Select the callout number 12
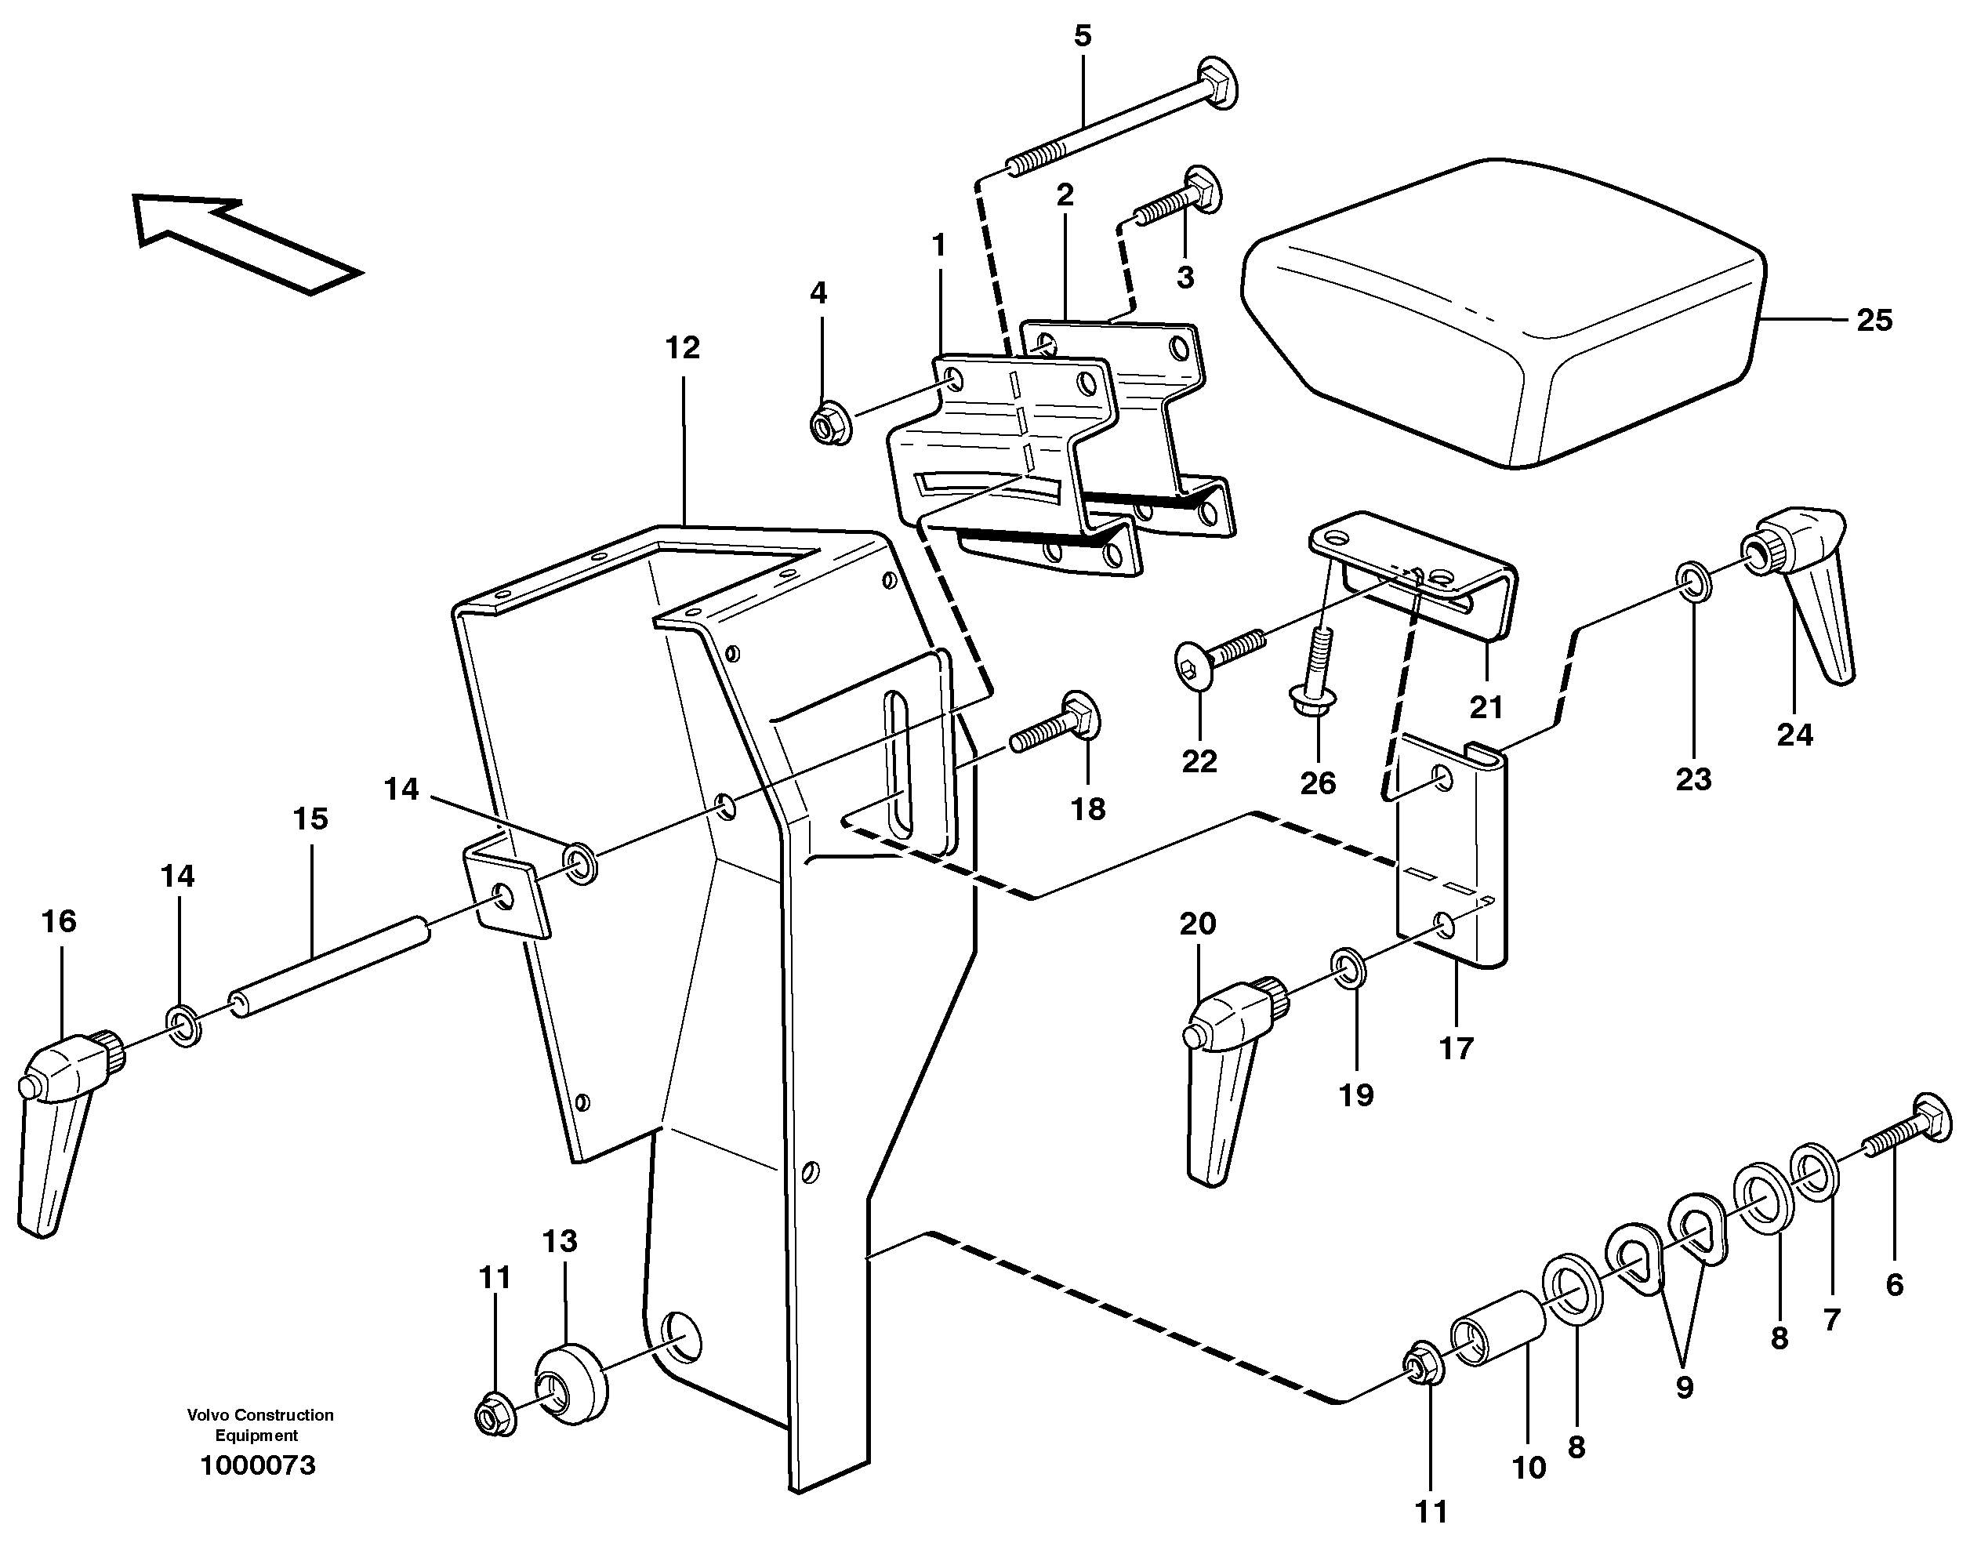pyautogui.click(x=682, y=347)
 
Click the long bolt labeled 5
pyautogui.click(x=1116, y=122)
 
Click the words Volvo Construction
pyautogui.click(x=259, y=1415)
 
